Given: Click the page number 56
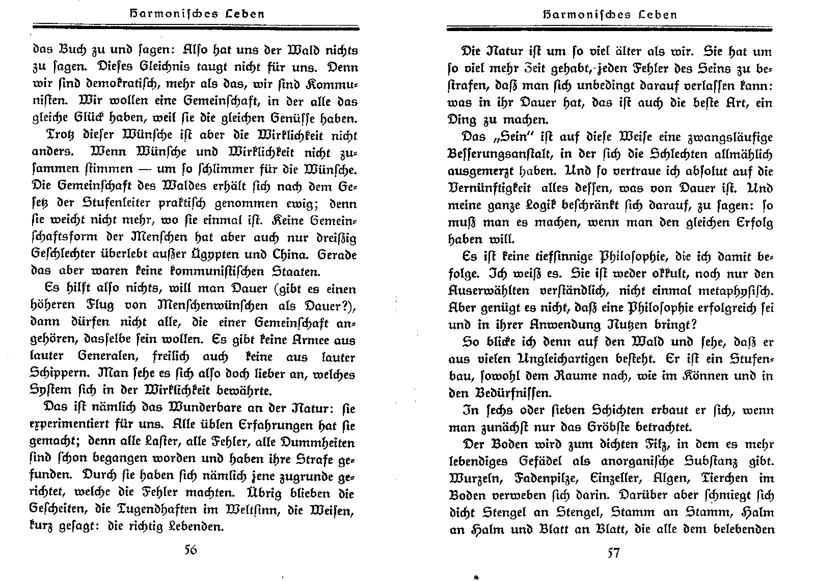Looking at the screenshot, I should tap(191, 551).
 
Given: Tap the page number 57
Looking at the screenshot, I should tap(613, 552).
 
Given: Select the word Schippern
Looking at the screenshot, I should tap(56, 374).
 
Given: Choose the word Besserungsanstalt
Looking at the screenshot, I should tap(499, 154).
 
